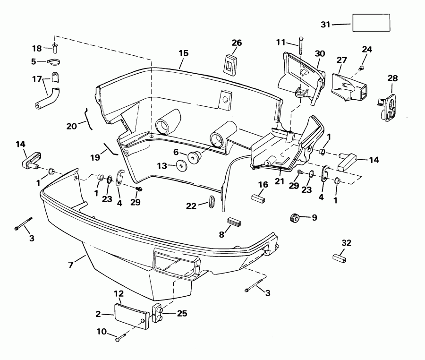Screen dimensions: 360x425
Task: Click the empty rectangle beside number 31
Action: coord(371,22)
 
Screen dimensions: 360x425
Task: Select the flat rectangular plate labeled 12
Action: coord(132,315)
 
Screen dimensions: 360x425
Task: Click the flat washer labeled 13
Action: coord(180,166)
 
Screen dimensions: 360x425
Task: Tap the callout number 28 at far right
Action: coord(393,77)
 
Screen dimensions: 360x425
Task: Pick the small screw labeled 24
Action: coord(362,68)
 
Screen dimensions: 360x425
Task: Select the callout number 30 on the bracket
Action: coord(320,54)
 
